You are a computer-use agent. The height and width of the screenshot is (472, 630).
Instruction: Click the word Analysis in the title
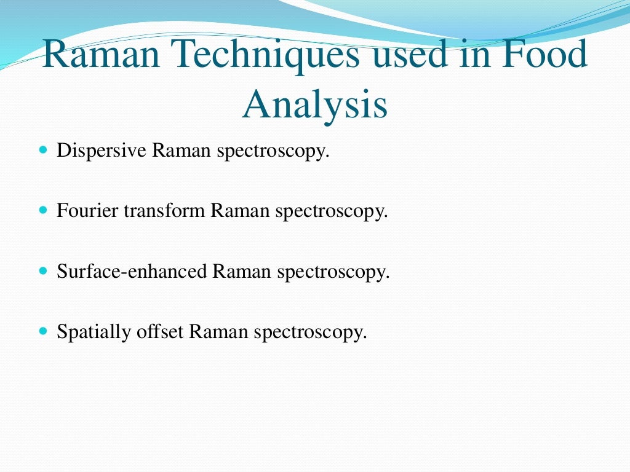point(315,104)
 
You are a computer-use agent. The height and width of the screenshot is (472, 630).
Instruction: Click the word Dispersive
point(102,151)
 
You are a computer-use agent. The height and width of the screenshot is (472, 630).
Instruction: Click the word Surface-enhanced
point(132,271)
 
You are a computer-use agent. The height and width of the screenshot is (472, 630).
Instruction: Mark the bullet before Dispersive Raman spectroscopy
point(42,150)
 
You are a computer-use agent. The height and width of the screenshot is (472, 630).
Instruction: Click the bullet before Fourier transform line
point(42,210)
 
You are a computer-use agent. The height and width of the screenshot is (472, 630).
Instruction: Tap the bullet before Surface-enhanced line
point(42,270)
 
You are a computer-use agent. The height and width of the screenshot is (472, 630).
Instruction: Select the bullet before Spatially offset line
point(42,331)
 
